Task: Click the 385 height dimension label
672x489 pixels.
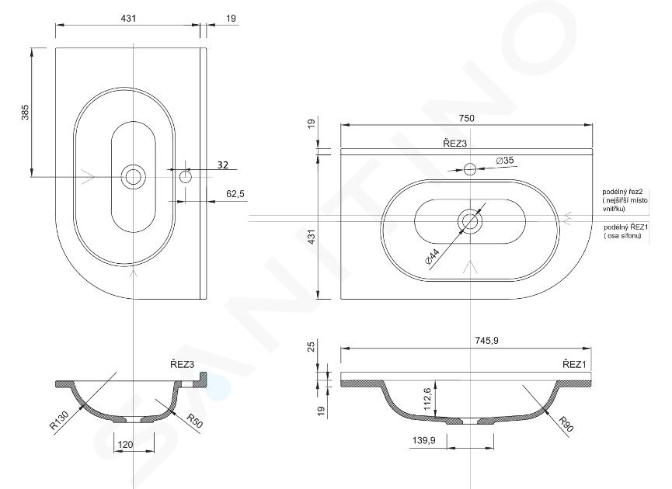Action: click(26, 113)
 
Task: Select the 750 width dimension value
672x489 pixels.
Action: click(467, 118)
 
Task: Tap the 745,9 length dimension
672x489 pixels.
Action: click(486, 341)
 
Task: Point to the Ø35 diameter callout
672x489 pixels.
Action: click(505, 161)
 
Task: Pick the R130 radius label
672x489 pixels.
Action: click(59, 420)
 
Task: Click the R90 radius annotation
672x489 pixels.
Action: click(566, 424)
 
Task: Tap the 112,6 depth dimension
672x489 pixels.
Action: click(428, 399)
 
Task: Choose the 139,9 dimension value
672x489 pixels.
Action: click(424, 440)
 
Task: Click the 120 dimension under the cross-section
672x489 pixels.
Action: click(125, 445)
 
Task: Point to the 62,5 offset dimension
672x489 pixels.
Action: click(235, 194)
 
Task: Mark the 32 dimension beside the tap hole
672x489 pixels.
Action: click(223, 165)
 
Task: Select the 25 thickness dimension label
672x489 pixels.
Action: click(312, 345)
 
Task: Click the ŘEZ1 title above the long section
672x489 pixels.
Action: click(574, 364)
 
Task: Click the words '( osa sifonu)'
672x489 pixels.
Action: click(623, 235)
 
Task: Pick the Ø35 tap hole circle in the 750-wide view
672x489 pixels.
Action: click(470, 168)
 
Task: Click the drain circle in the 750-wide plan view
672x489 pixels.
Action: click(470, 221)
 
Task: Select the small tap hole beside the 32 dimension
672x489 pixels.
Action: click(185, 176)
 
